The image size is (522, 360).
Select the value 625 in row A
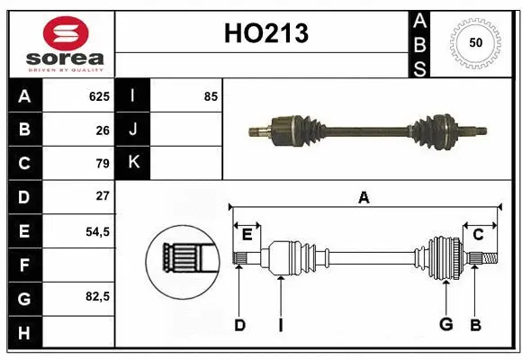98,96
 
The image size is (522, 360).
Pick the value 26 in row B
102,130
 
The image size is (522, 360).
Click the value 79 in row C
102,163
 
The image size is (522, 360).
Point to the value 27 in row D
102,196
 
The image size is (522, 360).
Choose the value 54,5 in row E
96,230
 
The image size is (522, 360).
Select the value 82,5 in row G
96,296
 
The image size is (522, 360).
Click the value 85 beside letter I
211,96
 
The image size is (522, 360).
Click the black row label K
133,163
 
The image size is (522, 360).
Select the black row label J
133,130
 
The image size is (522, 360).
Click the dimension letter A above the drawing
364,197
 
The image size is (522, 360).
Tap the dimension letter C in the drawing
478,234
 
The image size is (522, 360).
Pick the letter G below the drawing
445,325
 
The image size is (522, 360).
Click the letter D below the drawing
239,325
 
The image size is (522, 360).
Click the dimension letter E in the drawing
247,234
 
